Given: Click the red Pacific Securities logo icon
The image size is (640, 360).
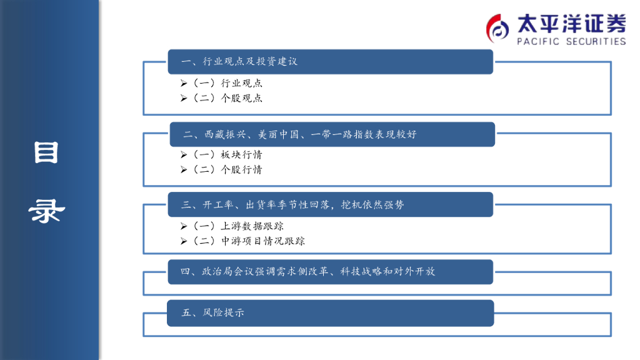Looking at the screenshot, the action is (x=497, y=27).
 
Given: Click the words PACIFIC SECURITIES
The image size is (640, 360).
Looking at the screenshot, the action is (x=571, y=41).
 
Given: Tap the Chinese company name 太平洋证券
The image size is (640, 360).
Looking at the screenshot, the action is (x=571, y=24).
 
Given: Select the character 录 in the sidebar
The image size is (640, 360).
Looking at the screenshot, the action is (x=46, y=211).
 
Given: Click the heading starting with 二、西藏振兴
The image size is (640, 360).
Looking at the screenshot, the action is (x=299, y=134).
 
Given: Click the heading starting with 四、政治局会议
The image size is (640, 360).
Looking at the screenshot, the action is (x=307, y=272).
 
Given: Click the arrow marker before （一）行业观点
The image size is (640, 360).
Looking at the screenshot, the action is (x=184, y=83).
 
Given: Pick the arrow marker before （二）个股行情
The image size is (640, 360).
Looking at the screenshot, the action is (x=184, y=170).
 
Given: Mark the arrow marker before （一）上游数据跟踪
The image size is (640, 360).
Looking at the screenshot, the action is (x=184, y=226).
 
